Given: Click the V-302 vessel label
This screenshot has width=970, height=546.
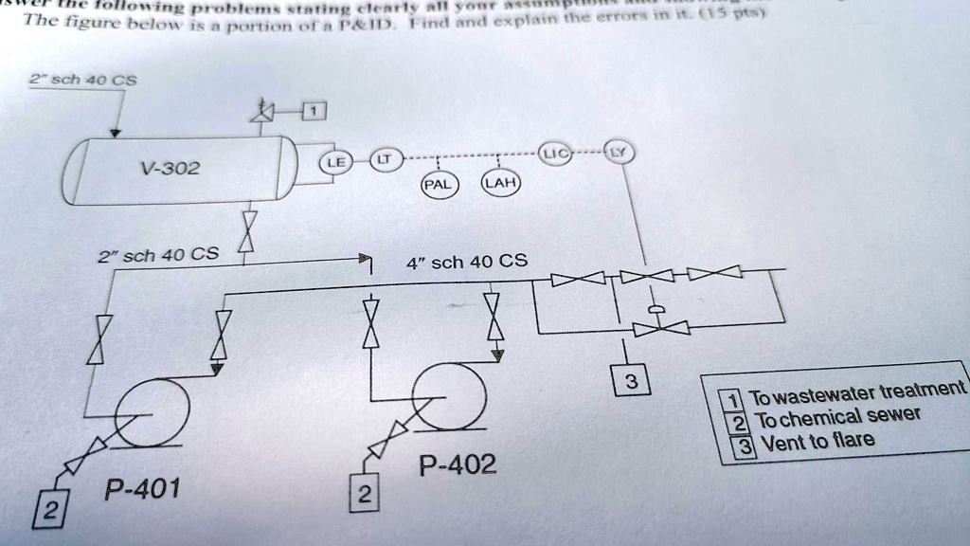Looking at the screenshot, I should pyautogui.click(x=171, y=169).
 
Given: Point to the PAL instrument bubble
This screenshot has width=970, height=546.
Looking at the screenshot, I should pyautogui.click(x=439, y=183).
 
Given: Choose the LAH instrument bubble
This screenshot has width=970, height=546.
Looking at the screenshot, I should pyautogui.click(x=498, y=183).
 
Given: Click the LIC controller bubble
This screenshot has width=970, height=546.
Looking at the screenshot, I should pyautogui.click(x=557, y=154).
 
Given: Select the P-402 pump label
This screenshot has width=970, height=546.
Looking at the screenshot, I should pyautogui.click(x=457, y=464).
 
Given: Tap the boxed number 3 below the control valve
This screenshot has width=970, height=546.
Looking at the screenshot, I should pyautogui.click(x=632, y=382).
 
